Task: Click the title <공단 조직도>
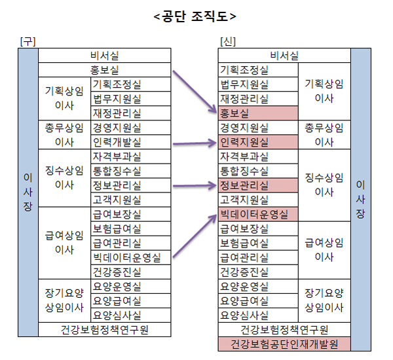pyautogui.click(x=196, y=15)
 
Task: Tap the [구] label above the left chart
pyautogui.click(x=28, y=41)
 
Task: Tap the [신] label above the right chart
pyautogui.click(x=228, y=41)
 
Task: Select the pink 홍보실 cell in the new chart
pyautogui.click(x=258, y=113)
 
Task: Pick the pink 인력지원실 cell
pyautogui.click(x=258, y=141)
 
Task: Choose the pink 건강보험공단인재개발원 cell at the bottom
pyautogui.click(x=284, y=343)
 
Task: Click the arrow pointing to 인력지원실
pyautogui.click(x=195, y=141)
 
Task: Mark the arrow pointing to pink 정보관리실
pyautogui.click(x=195, y=185)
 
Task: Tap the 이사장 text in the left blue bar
pyautogui.click(x=28, y=192)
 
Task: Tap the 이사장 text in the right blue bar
pyautogui.click(x=361, y=199)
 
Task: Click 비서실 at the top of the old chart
pyautogui.click(x=105, y=55)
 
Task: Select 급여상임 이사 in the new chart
pyautogui.click(x=324, y=249)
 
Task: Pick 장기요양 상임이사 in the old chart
pyautogui.click(x=64, y=300)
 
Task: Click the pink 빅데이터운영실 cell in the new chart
pyautogui.click(x=258, y=213)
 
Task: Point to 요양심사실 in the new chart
pyautogui.click(x=258, y=315)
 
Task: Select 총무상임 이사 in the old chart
pyautogui.click(x=64, y=134)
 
